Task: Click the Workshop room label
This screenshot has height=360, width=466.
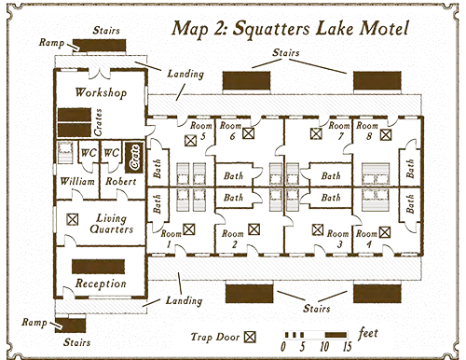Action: coord(101,92)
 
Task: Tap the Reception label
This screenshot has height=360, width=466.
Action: coord(101,284)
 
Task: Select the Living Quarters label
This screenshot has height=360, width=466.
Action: coord(111,224)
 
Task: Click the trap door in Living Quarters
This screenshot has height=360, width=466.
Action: coord(73,219)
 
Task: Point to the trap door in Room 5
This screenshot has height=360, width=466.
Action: coord(191,141)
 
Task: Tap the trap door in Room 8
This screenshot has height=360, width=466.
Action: coord(386,135)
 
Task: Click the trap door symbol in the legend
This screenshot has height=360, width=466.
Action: coord(250,337)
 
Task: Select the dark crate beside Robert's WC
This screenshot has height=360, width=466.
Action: coord(134,158)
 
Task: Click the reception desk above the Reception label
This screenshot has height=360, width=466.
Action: coord(98,267)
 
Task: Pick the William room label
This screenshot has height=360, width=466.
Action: coord(77,181)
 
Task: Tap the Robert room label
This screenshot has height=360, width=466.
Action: coord(121,181)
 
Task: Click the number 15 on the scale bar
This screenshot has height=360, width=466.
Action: coord(347,347)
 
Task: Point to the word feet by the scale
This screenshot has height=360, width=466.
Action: coord(368,333)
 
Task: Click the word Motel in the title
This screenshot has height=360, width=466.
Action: coord(384,28)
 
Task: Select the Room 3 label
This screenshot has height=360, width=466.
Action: coord(338,239)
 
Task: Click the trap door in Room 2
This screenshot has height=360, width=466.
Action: coord(254,229)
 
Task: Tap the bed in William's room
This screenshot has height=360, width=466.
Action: coord(65,153)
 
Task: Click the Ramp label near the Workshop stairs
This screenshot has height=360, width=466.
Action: coord(51,43)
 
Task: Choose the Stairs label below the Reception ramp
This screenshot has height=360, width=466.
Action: coord(76,342)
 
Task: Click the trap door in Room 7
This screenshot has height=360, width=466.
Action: coord(316,133)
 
